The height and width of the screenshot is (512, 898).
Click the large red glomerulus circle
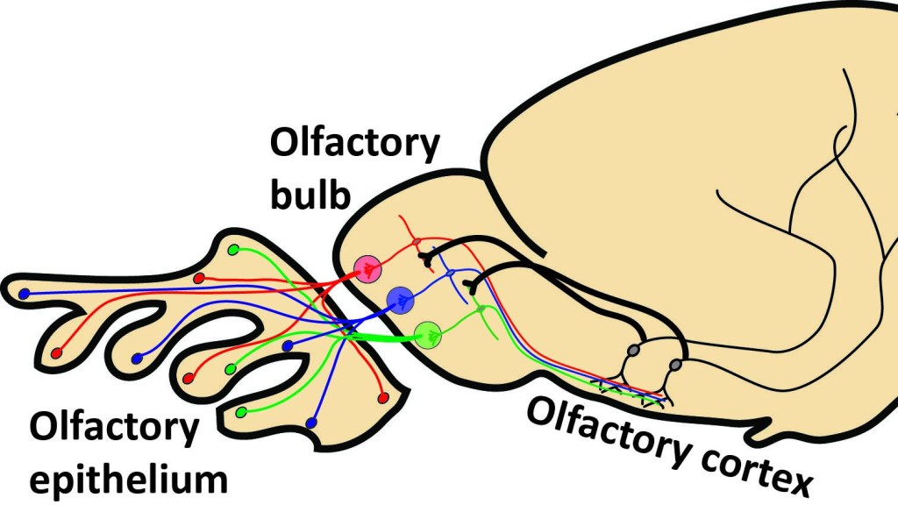tap(367, 267)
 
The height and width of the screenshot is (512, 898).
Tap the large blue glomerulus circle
tap(400, 300)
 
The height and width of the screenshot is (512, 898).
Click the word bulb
tap(310, 192)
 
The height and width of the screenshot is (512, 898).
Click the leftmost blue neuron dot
tap(25, 293)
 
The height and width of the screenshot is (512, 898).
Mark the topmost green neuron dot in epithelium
tap(233, 251)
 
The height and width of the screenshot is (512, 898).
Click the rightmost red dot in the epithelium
tap(382, 398)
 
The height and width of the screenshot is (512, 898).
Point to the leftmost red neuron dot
tap(57, 353)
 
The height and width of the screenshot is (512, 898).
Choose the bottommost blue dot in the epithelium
tap(310, 423)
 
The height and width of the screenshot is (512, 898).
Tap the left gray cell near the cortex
tap(633, 352)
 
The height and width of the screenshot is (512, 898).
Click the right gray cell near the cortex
tap(675, 364)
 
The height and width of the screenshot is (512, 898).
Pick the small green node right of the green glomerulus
tap(480, 308)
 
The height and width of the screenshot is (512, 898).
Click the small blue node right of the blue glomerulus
tap(450, 274)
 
